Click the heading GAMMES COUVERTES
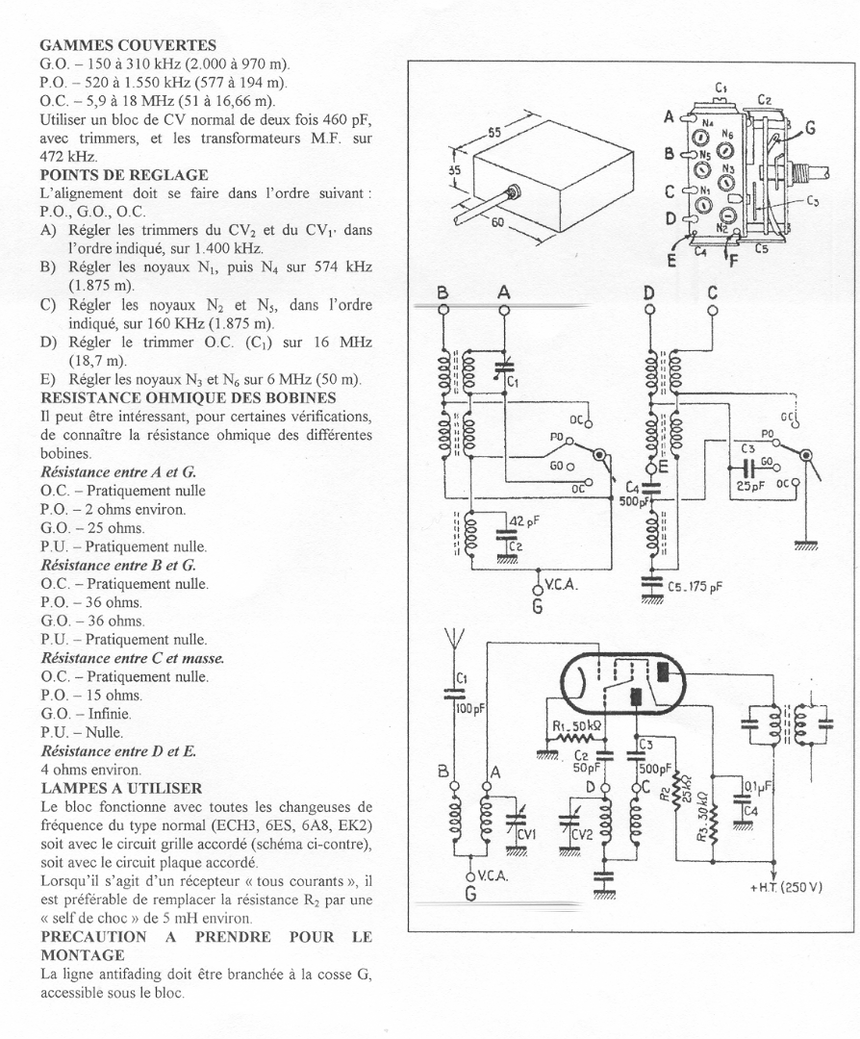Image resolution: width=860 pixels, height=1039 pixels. [128, 45]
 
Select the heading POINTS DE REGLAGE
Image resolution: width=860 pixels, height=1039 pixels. [124, 174]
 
